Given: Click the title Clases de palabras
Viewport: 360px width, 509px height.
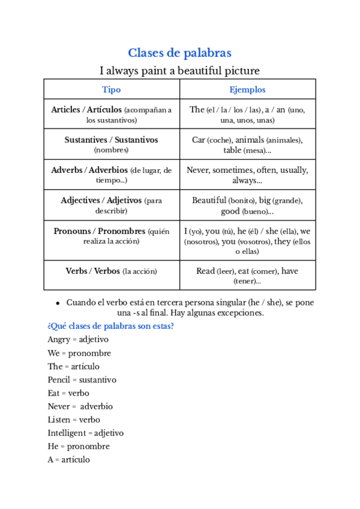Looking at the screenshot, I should click(179, 53).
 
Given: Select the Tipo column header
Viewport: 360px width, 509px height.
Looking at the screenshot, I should click(112, 89).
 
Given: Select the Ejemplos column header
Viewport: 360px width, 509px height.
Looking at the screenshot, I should click(247, 89).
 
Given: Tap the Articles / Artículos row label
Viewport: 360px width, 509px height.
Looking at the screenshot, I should click(112, 115).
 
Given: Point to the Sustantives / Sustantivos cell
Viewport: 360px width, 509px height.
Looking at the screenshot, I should click(112, 145).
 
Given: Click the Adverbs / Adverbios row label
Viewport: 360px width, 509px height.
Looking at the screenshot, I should click(112, 175).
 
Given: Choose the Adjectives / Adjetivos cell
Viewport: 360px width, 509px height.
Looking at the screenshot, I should click(112, 205).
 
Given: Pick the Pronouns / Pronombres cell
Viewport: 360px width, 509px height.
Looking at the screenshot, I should click(112, 236).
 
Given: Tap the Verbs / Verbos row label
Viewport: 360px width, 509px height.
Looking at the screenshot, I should click(112, 271).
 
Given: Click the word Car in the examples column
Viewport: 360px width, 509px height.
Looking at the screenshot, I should click(199, 140).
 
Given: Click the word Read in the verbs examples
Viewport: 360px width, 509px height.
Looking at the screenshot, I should click(205, 271).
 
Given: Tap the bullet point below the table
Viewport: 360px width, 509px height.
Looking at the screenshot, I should click(57, 303).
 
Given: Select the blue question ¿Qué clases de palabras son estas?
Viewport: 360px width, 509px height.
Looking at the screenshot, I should click(111, 326).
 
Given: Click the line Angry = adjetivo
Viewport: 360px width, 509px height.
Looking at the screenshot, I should click(78, 340).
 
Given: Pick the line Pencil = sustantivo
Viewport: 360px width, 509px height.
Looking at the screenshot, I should click(82, 380).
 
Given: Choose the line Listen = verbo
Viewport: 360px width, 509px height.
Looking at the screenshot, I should click(74, 420).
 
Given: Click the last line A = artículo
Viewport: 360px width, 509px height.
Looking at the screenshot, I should click(69, 460).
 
